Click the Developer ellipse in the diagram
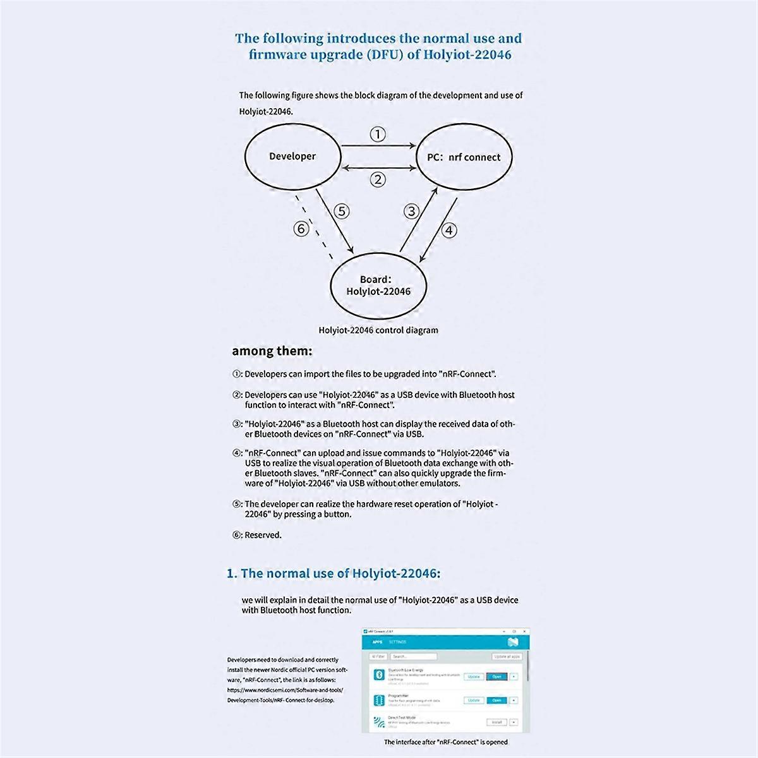[292, 157]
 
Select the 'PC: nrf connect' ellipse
[464, 157]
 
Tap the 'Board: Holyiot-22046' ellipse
[378, 286]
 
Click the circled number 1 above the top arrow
[377, 134]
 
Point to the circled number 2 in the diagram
[377, 179]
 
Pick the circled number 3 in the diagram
[411, 211]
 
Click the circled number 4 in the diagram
[448, 230]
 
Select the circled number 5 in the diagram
[341, 211]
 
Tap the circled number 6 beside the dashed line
[302, 228]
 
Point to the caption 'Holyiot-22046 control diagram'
[378, 330]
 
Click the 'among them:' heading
[272, 351]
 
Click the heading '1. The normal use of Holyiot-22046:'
[334, 574]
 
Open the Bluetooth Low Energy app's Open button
[496, 677]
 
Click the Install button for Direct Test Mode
[496, 722]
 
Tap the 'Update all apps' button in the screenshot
[507, 657]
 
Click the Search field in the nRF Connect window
[408, 657]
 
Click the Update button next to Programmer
[474, 701]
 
